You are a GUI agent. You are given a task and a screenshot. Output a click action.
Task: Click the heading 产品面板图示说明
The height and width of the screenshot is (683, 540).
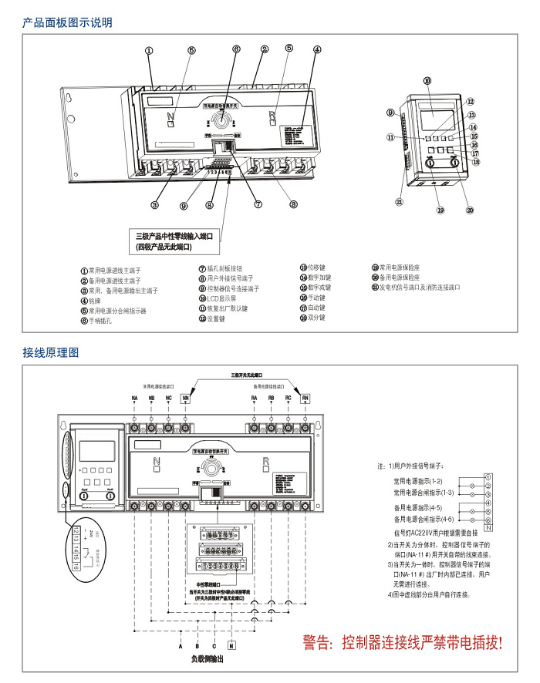(68, 22)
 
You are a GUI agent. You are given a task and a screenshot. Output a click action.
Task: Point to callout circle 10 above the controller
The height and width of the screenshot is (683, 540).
(427, 80)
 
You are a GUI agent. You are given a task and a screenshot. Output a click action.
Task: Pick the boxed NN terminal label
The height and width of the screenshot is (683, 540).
(186, 398)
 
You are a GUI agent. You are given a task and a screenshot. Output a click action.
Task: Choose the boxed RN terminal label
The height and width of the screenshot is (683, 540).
(305, 398)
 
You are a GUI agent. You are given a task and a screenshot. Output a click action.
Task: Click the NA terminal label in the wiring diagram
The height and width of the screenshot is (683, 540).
(134, 398)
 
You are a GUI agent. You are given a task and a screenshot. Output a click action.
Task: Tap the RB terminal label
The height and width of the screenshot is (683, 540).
(271, 398)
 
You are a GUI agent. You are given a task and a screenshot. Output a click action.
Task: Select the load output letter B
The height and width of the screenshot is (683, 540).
(197, 644)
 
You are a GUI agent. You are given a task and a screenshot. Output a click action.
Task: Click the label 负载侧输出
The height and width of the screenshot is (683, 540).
(207, 660)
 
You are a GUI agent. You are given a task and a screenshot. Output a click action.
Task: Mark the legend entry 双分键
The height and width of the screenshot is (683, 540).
(316, 318)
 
